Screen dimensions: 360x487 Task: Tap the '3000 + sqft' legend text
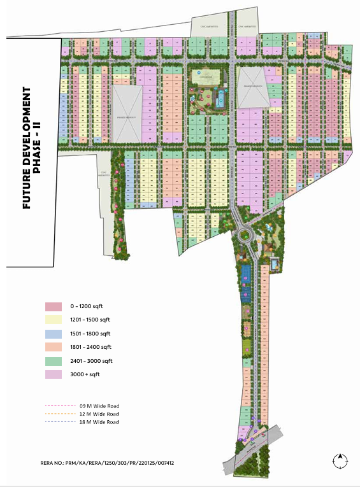tap(85, 374)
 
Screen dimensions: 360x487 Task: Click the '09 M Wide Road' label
tap(99, 406)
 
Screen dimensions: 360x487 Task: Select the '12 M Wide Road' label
tap(99, 414)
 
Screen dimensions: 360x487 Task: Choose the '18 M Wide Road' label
tap(99, 422)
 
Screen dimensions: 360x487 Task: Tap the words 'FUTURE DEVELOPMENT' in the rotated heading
tap(27, 146)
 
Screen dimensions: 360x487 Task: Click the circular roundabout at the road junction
tap(244, 236)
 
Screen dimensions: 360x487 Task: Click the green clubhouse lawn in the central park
tap(205, 78)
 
